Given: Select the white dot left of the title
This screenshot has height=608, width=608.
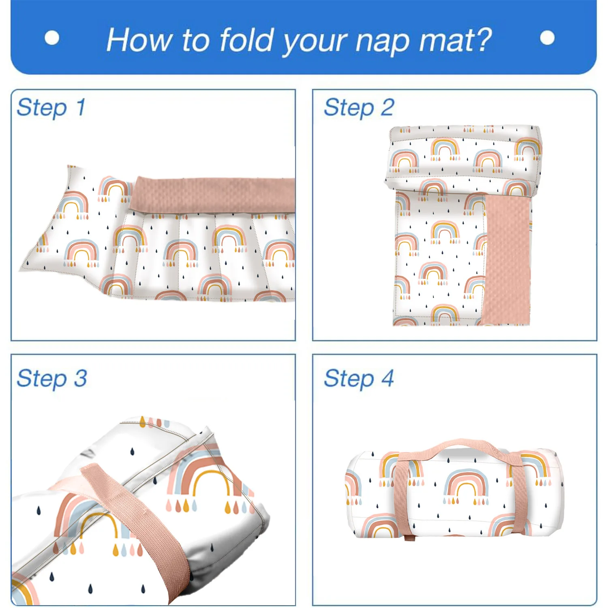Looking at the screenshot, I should tap(52, 38).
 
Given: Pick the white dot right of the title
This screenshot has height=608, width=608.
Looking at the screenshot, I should tap(547, 38).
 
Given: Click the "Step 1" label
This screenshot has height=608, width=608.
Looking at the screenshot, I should tap(51, 108).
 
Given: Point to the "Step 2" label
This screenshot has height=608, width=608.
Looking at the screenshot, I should tap(359, 108).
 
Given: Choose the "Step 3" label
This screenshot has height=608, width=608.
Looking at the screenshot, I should tap(52, 379).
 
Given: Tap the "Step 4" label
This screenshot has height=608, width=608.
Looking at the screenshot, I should tap(359, 379).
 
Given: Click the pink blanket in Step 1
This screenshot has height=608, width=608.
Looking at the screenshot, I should tap(215, 195).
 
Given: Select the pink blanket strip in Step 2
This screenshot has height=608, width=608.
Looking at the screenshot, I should tap(507, 259).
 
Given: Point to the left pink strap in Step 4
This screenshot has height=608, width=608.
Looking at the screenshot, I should tap(402, 495).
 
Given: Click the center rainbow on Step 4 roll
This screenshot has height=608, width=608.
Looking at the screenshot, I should tap(466, 484).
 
